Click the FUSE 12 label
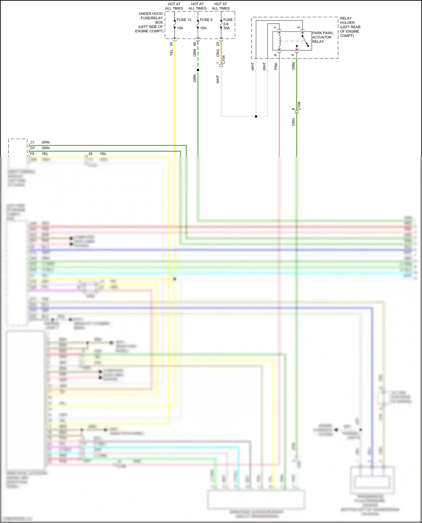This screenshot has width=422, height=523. pos(184,20)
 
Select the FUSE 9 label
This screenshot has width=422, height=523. pos(206,20)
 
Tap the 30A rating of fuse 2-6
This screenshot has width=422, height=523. pos(226,28)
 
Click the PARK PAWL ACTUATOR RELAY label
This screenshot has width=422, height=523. pos(322,37)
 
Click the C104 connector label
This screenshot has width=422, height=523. pos(224,60)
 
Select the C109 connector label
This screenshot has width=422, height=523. pos(299,106)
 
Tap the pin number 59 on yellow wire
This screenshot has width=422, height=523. pos(171,44)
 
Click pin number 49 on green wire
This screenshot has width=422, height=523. pos(194,44)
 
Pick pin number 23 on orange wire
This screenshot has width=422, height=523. pos(218,44)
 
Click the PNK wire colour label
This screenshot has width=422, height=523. pos(276,66)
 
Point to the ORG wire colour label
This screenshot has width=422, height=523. pos(218,53)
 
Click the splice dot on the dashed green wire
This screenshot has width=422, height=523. pos(198,70)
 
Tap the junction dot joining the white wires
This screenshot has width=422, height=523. pos(256,116)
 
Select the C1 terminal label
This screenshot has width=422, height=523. pos(32,142)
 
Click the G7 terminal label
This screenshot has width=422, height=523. pos(32,148)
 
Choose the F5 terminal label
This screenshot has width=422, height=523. pos(32,154)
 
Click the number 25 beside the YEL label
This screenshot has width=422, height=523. pos(90,154)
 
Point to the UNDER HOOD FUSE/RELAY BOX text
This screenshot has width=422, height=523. pos(149,22)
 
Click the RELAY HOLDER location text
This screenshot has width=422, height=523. pos(350,27)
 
